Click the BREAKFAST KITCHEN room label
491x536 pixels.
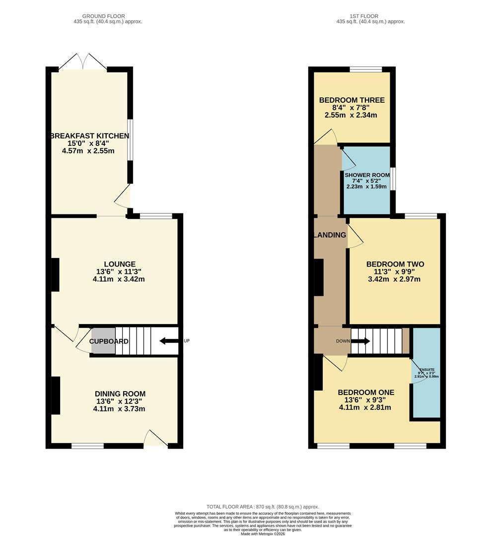89,135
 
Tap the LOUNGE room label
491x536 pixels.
119,264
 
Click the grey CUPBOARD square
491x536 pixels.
103,341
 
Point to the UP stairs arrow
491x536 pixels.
169,341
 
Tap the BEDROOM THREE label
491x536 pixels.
351,100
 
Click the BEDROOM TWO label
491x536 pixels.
395,264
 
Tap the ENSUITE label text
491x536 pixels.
426,370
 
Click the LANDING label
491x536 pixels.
330,235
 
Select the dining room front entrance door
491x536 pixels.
155,440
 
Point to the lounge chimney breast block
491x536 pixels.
55,274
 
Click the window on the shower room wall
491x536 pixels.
392,179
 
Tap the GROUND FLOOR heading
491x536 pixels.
107,16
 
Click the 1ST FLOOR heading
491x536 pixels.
370,16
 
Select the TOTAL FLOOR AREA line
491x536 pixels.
263,506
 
